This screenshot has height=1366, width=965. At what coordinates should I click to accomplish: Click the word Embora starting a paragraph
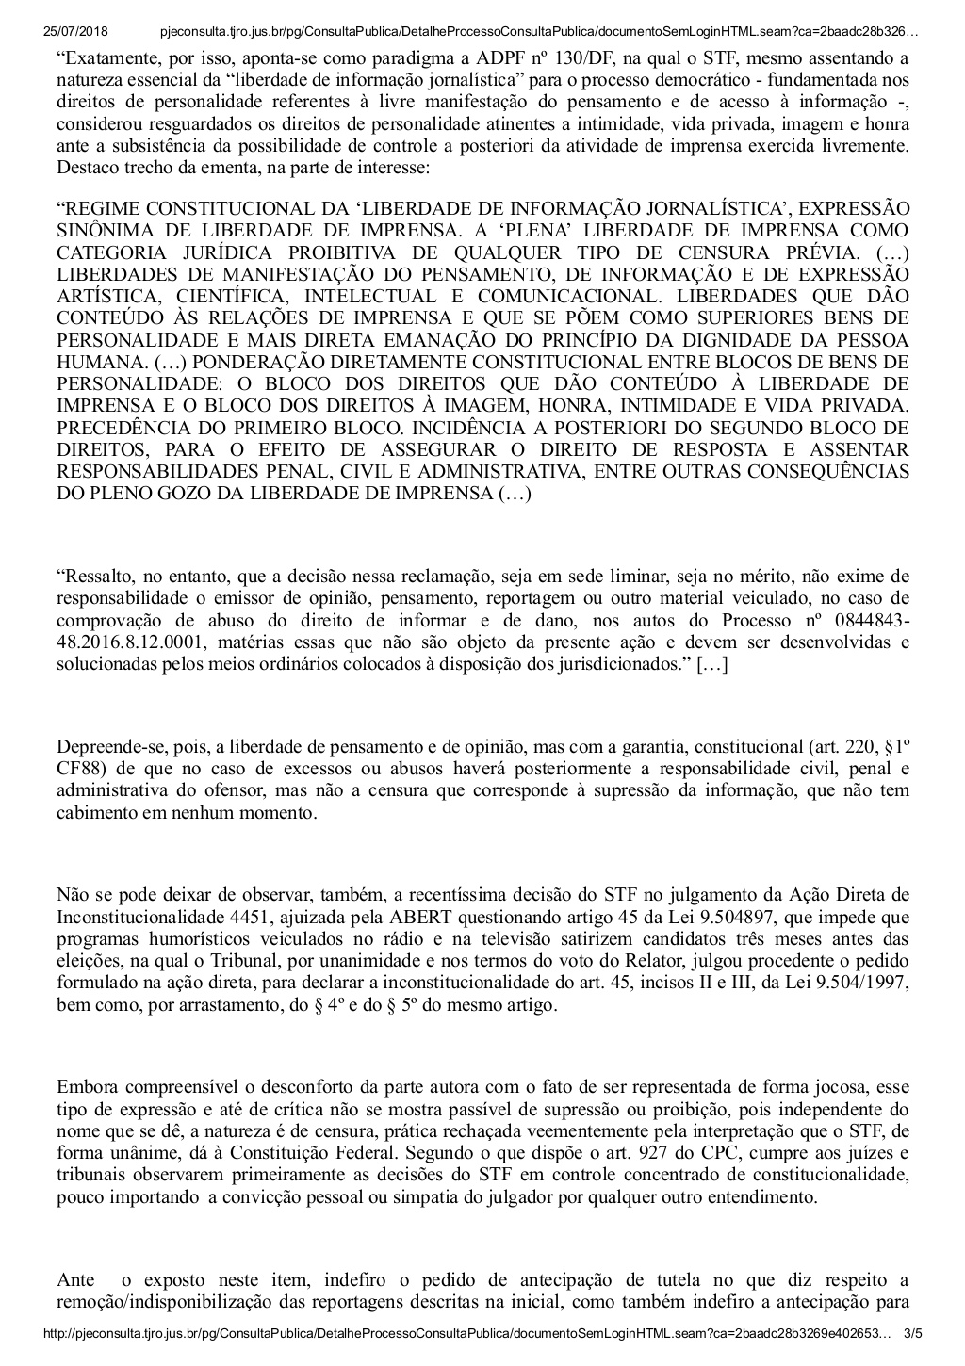(83, 1086)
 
